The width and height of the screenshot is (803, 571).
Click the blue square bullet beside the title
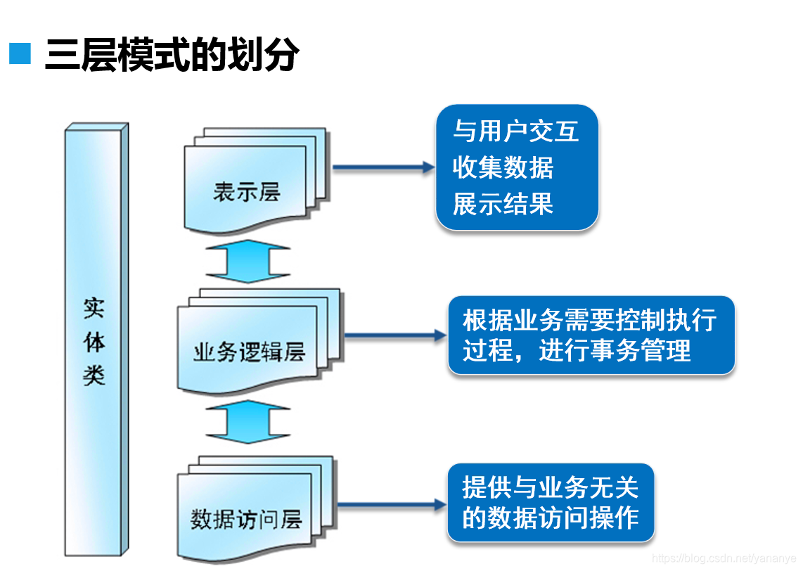coord(20,53)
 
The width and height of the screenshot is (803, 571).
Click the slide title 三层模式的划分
coord(172,55)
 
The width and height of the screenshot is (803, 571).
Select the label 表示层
coord(247,192)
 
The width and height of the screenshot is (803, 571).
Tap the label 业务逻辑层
coord(249,352)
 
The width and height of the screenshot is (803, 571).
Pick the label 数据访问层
coord(246,520)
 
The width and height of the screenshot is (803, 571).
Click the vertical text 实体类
coord(94,341)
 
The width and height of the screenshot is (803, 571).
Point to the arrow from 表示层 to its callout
coord(383,167)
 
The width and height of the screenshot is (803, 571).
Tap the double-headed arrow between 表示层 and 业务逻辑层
coord(248,262)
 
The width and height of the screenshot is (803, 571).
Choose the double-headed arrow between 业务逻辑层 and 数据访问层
coord(248,422)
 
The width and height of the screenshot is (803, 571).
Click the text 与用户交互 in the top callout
coord(515,131)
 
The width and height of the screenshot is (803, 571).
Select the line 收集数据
coord(503,167)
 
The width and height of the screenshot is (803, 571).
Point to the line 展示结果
coord(503,204)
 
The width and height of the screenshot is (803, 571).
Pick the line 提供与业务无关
coord(549,487)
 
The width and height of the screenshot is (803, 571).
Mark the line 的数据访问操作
coord(550,518)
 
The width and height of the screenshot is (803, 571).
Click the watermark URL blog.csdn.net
coord(724,558)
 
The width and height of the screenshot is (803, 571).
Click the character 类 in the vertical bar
coord(94,374)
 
